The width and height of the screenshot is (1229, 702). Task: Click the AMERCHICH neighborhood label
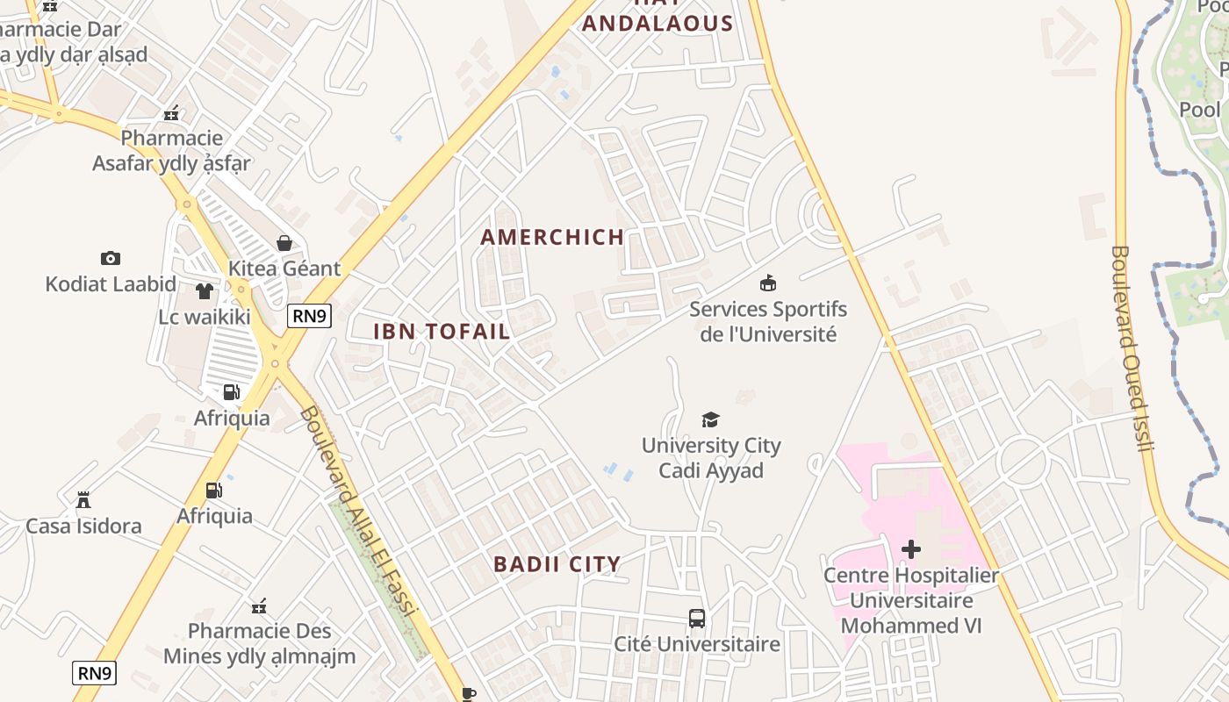(552, 237)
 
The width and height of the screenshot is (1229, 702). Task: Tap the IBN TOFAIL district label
(442, 332)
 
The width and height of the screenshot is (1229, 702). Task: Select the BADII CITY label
(557, 564)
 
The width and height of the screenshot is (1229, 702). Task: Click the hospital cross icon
(911, 549)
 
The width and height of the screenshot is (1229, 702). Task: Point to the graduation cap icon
(710, 419)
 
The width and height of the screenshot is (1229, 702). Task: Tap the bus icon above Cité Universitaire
(697, 619)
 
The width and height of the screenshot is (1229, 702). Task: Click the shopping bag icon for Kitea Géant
(284, 242)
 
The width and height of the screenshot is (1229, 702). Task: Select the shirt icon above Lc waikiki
(205, 291)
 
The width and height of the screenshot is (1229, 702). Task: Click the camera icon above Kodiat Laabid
(110, 258)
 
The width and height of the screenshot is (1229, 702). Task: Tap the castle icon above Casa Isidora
(83, 500)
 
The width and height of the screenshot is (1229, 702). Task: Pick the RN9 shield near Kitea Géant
(309, 316)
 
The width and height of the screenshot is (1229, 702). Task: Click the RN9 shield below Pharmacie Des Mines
(94, 673)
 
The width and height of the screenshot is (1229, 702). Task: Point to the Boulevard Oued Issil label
(1132, 348)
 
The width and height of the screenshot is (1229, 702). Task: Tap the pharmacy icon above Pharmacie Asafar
(172, 112)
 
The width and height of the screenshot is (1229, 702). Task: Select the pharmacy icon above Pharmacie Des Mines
(259, 605)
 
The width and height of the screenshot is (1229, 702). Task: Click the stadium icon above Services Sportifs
(768, 283)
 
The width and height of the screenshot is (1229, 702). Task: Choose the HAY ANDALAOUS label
(657, 18)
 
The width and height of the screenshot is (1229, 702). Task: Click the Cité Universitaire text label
(696, 644)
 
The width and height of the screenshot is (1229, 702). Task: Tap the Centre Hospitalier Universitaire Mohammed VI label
(911, 601)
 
